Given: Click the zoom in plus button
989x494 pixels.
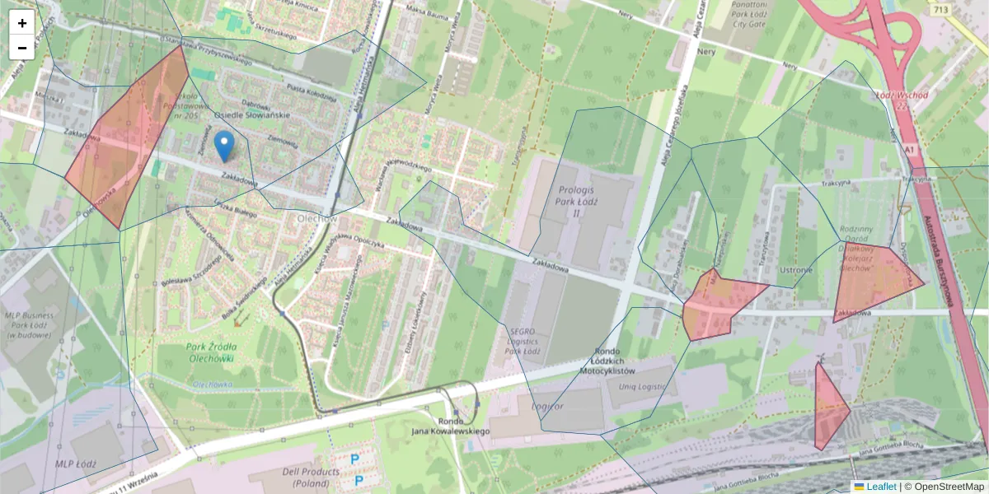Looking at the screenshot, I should (x=22, y=23).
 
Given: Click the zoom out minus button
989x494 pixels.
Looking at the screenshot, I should (x=22, y=48).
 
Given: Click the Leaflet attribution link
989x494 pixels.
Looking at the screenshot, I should (x=881, y=487).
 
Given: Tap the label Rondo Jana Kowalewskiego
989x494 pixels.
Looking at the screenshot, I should (x=450, y=426).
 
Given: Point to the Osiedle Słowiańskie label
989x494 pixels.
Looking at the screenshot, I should (x=251, y=115).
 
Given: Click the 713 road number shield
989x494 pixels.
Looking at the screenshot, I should (x=940, y=9).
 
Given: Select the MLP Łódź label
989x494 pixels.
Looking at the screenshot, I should (x=76, y=464).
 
